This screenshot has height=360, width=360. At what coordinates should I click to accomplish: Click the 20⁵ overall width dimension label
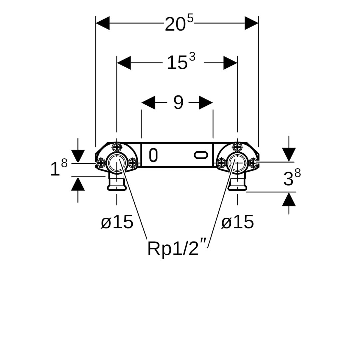[179, 24]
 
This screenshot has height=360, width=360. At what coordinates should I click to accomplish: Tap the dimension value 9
[178, 103]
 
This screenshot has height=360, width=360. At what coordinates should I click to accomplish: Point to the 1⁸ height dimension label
[59, 168]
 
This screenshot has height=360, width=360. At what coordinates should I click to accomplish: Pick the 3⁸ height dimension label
[292, 178]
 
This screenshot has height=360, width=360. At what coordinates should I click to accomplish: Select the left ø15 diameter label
[117, 222]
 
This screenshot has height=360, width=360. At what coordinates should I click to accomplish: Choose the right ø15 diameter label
[237, 222]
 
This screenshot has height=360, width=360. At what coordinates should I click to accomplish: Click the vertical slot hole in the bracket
[153, 155]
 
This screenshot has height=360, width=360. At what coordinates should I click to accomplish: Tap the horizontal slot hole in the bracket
[201, 155]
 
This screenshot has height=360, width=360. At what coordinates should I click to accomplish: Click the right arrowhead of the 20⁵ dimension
[251, 23]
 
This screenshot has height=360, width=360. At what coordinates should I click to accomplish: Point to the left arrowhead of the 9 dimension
[148, 103]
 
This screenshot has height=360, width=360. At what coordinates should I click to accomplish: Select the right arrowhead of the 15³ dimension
[230, 63]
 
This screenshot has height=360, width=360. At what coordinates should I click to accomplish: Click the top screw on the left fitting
[117, 146]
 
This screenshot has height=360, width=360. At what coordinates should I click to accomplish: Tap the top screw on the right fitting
[237, 146]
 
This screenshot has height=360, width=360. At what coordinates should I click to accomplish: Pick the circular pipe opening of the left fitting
[116, 162]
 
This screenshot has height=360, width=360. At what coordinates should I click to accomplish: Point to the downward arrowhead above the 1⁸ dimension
[78, 156]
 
